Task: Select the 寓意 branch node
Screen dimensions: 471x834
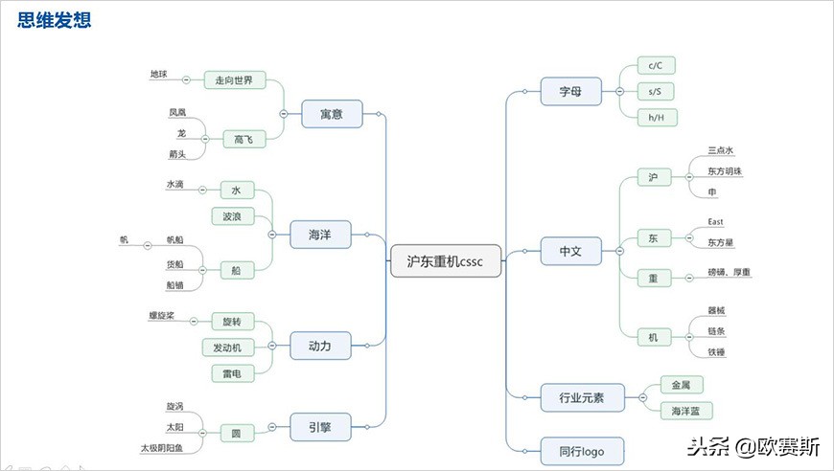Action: pos(332,114)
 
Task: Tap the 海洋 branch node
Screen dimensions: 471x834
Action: pos(320,234)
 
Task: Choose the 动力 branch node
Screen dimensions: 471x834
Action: pos(320,346)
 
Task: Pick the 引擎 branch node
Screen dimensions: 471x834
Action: pos(320,426)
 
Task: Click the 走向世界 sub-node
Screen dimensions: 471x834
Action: pos(234,80)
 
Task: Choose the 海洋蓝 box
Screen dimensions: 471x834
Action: pos(687,411)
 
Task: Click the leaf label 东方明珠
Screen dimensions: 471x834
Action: pos(725,171)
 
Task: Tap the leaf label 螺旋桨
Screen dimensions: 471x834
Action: pos(161,315)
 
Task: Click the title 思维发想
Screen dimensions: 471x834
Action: pos(57,19)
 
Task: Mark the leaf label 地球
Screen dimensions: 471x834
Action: pos(158,74)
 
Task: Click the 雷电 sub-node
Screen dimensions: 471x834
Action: pos(233,373)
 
